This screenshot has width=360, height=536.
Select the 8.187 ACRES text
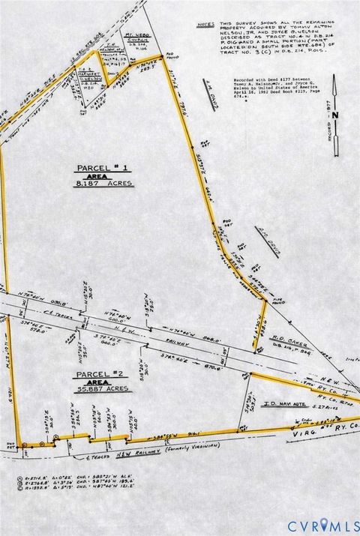pos(103,183)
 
